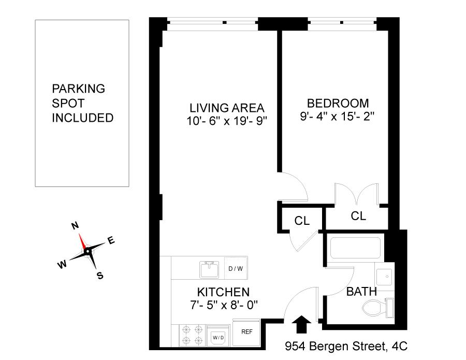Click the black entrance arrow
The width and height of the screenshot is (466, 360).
[x=301, y=324]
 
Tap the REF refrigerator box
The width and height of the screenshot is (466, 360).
[x=246, y=332]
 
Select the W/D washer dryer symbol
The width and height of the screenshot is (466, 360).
[x=218, y=336]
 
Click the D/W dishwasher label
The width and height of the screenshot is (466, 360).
[x=236, y=269]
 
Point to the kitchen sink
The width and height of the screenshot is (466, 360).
[x=210, y=270]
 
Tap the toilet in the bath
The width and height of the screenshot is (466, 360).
[x=378, y=308]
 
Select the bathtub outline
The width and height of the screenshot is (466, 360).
[x=355, y=248]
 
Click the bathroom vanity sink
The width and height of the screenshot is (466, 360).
[x=385, y=277]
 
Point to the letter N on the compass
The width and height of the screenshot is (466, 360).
[x=75, y=226]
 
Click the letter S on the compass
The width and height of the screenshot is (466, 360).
[x=100, y=276]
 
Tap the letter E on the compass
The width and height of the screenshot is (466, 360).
[x=111, y=240]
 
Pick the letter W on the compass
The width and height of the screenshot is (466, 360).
[x=62, y=265]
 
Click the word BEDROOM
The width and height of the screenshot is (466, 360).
[x=338, y=104]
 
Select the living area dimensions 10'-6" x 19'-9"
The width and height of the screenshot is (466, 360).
[x=227, y=121]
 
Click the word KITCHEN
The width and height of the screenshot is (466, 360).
[x=224, y=292]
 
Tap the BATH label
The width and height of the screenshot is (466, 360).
[x=362, y=292]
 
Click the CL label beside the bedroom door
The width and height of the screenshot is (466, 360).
[x=302, y=221]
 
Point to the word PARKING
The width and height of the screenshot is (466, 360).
[x=79, y=89]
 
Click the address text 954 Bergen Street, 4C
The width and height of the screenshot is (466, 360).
[x=346, y=347]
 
